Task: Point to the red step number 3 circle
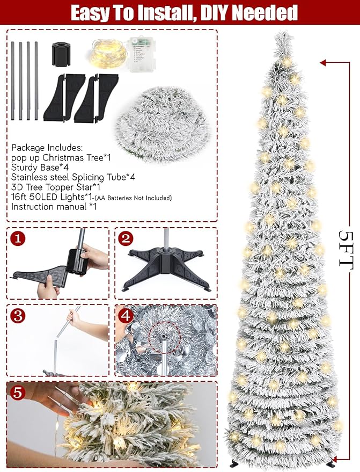click(x=19, y=316)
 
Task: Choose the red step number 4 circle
click(x=126, y=316)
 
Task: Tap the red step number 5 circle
click(x=19, y=394)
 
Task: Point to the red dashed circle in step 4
click(x=162, y=338)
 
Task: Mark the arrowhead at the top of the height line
click(x=324, y=63)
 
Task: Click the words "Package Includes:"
click(x=47, y=147)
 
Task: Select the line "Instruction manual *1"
click(x=54, y=207)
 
